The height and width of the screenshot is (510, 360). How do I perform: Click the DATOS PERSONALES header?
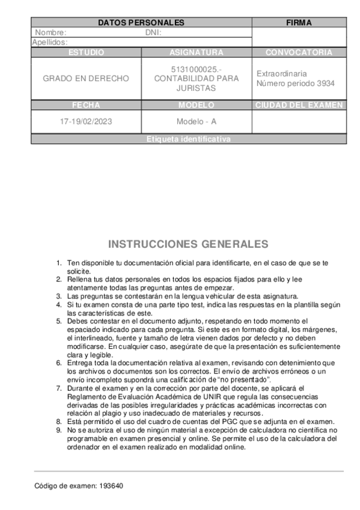[x=141, y=23]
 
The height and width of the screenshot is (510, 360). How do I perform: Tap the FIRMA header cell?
[x=299, y=23]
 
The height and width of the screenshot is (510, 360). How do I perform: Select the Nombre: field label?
[x=50, y=32]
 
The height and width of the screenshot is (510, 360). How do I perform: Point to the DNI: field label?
[x=154, y=32]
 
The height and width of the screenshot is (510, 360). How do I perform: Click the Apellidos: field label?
[x=49, y=43]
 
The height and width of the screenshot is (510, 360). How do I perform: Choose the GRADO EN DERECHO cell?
[x=86, y=79]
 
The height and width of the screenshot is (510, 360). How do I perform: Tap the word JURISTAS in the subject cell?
[x=196, y=88]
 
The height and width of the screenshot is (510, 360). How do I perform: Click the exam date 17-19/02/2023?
[x=86, y=121]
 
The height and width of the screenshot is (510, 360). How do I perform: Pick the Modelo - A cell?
[x=196, y=121]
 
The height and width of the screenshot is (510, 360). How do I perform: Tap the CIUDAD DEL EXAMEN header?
[x=299, y=105]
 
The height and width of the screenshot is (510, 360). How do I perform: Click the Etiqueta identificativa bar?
[x=189, y=139]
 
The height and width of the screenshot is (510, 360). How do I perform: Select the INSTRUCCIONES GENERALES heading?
[x=188, y=244]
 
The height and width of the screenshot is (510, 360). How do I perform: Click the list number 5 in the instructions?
[x=59, y=321]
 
